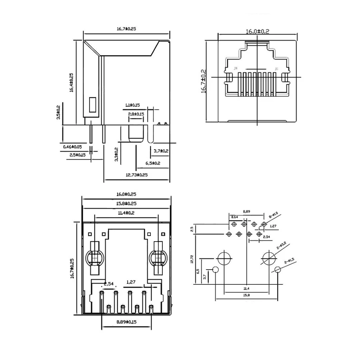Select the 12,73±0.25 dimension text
[x=136, y=175]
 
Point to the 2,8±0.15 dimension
[x=136, y=114]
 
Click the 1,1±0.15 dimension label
[x=132, y=105]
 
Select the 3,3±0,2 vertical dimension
[x=116, y=154]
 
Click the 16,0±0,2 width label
[x=258, y=31]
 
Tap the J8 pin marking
[x=236, y=69]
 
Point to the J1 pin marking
[x=276, y=69]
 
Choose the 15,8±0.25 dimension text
[x=126, y=204]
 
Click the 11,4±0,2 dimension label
[x=126, y=213]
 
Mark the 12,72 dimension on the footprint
[x=192, y=259]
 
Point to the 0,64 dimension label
[x=234, y=217]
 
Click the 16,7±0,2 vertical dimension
[x=204, y=81]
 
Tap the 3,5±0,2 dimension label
[x=58, y=112]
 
